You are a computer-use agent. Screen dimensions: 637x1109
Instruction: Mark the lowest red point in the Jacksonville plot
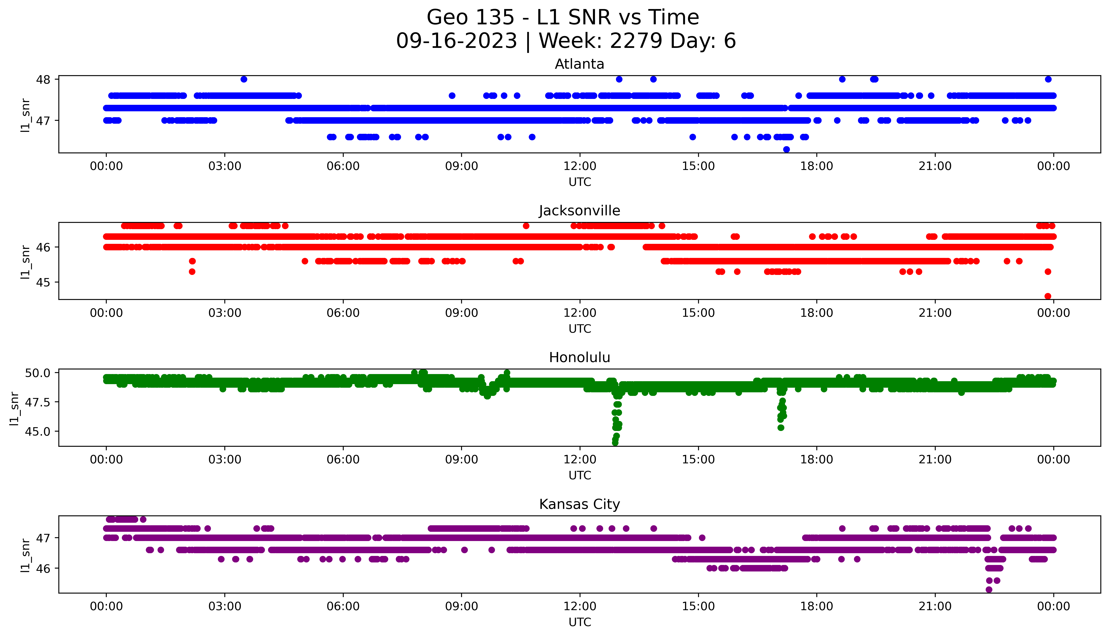tap(1048, 296)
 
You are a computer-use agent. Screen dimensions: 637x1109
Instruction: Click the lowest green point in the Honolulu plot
tap(615, 443)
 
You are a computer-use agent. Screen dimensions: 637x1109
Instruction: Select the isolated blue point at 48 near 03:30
tap(244, 79)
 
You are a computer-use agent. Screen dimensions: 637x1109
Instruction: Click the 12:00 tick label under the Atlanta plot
tap(580, 166)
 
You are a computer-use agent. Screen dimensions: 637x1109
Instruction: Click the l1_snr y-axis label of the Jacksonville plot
tap(25, 262)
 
